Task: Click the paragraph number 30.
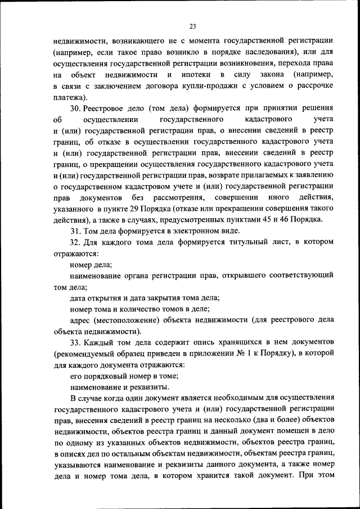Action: (75, 108)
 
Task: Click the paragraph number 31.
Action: (75, 231)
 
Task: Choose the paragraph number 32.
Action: (75, 242)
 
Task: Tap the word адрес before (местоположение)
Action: (81, 320)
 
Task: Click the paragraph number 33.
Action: (75, 342)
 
